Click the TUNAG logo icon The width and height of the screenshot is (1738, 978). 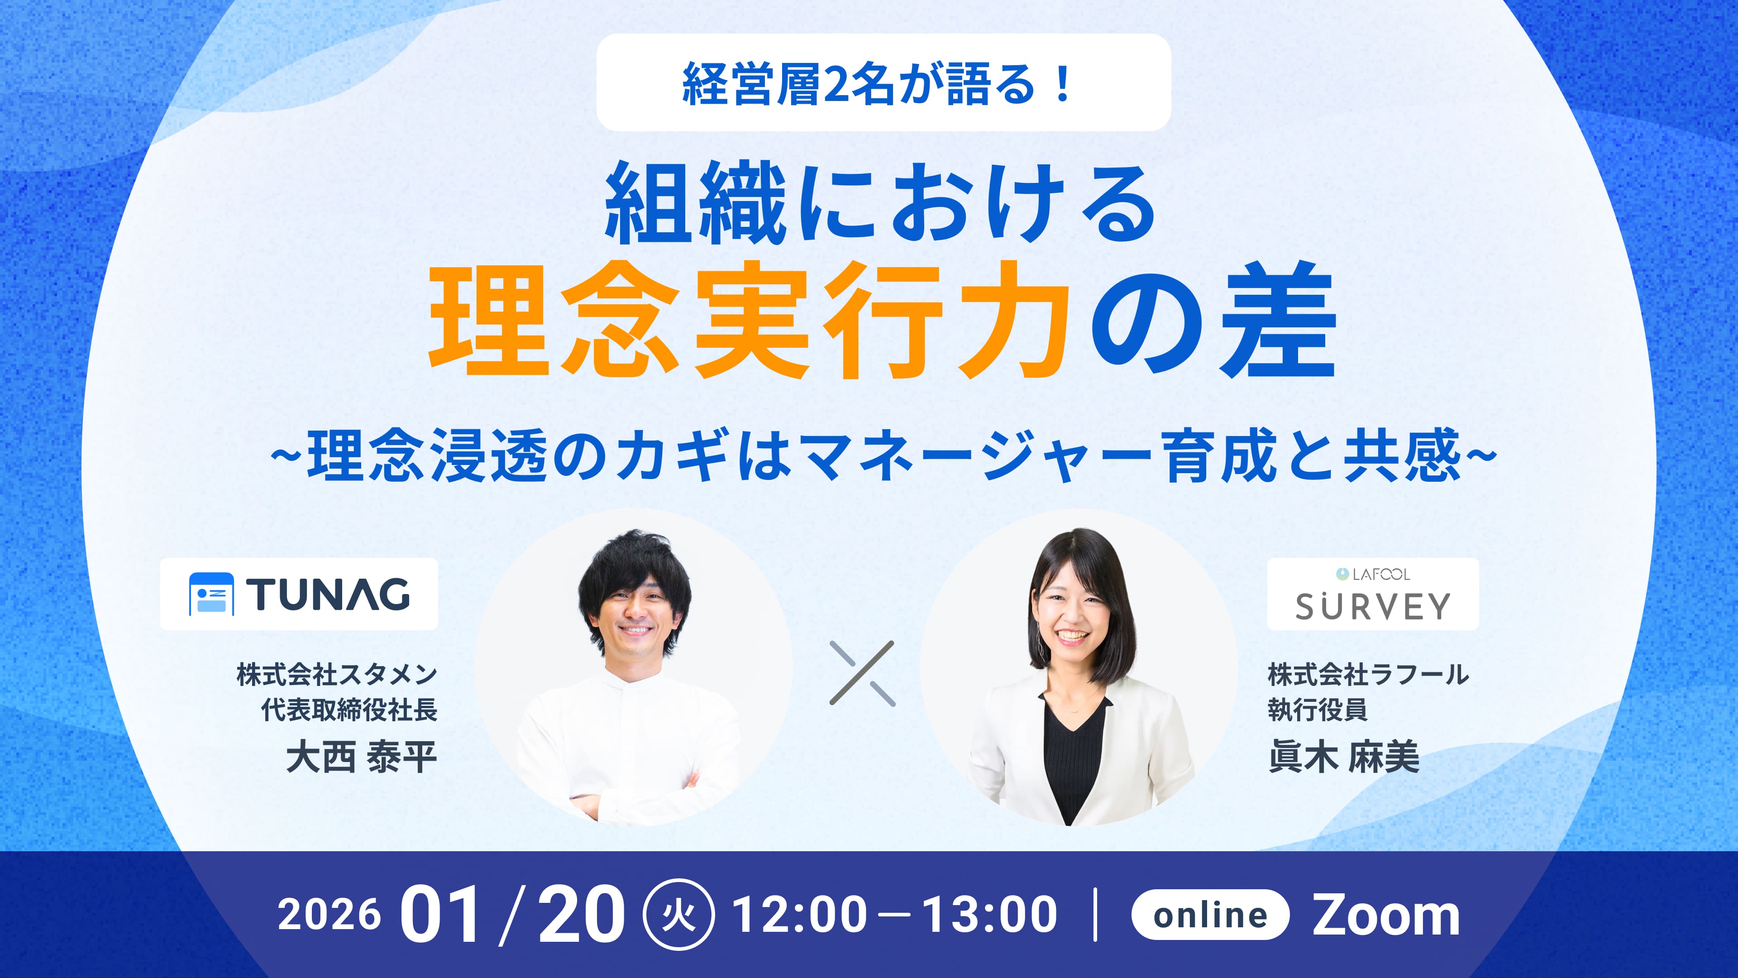[x=211, y=594]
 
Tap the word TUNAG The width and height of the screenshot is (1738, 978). [x=328, y=594]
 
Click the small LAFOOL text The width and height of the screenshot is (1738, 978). [x=1380, y=575]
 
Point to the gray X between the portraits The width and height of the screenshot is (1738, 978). [x=862, y=674]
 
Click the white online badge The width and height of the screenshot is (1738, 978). [x=1210, y=915]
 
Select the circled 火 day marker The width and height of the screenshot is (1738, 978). [x=679, y=915]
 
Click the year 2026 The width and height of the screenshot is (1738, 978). [x=329, y=915]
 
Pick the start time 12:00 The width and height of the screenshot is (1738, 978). [x=799, y=915]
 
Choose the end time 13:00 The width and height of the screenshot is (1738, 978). [x=990, y=915]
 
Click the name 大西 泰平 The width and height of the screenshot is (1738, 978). [x=362, y=757]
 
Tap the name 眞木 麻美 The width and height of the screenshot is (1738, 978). [x=1344, y=757]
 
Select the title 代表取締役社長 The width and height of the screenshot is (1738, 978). [x=349, y=710]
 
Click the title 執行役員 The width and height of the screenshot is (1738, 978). [x=1318, y=710]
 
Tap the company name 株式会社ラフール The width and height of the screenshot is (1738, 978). [x=1368, y=674]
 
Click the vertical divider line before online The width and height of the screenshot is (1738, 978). [x=1094, y=915]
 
